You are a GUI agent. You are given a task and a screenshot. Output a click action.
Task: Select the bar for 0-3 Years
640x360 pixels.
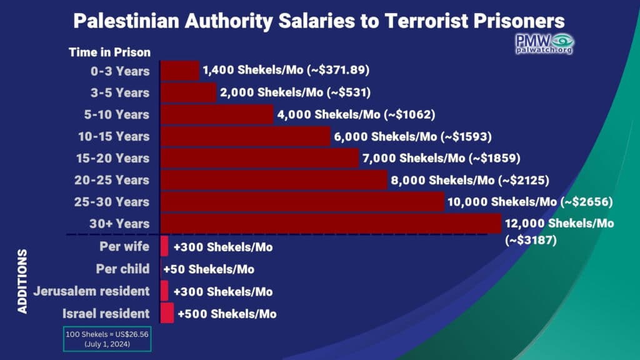180,71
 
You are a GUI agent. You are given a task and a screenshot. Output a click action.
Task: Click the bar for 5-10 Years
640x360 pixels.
217,114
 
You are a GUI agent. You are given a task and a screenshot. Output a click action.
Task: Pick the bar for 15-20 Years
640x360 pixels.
259,158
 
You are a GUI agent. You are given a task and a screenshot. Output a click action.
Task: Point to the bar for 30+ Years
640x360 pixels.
331,223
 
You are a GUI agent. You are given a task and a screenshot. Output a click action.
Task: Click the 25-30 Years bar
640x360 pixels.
302,201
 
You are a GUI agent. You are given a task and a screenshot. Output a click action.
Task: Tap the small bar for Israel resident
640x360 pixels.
167,313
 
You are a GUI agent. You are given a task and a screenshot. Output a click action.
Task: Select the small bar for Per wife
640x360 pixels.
165,246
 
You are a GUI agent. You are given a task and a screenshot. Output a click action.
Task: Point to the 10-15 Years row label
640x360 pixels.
115,136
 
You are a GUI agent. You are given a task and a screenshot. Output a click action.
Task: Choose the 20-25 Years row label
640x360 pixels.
115,180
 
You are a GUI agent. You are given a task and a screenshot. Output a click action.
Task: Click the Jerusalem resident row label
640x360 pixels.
92,291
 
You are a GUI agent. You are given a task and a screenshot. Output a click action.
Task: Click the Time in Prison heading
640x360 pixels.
109,52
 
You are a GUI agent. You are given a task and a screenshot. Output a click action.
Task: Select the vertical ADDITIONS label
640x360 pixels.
22,281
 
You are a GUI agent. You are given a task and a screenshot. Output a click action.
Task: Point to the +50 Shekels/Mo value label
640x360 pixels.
209,269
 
